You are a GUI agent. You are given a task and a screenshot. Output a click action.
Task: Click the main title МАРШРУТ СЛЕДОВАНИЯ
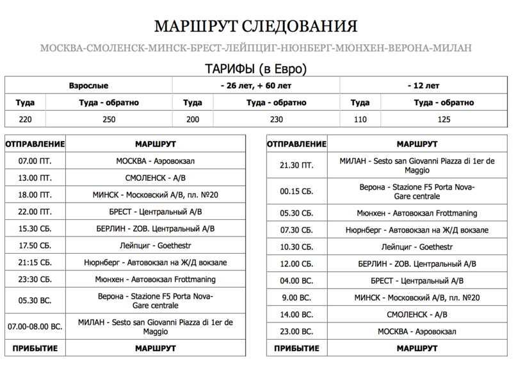[x=255, y=27]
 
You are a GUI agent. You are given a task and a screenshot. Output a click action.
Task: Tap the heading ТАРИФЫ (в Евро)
[x=255, y=68]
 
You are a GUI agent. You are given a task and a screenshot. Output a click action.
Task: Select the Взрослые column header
[x=88, y=85]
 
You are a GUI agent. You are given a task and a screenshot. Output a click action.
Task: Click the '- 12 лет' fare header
[x=423, y=85]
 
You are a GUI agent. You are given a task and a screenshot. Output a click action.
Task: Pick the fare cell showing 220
[x=25, y=119]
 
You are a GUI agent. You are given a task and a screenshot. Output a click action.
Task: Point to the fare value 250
[x=109, y=119]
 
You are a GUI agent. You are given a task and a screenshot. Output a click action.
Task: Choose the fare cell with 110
[x=360, y=119]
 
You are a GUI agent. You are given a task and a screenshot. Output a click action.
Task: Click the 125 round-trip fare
[x=444, y=119]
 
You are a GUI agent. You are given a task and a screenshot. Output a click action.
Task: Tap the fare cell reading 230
[x=276, y=119]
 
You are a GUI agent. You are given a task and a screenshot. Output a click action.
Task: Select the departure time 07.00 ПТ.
[x=35, y=161]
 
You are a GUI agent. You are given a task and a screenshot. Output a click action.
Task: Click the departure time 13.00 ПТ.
[x=35, y=178]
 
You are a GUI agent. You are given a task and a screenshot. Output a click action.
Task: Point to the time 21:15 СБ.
[x=35, y=263]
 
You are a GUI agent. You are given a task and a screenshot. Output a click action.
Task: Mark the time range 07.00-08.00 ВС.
[x=35, y=326]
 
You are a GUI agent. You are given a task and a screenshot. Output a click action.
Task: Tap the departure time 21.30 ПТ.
[x=296, y=165]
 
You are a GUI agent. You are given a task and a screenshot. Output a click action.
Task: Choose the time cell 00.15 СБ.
[x=296, y=192]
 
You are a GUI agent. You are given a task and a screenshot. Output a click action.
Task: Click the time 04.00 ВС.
[x=296, y=281]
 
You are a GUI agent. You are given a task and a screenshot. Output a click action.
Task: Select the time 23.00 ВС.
[x=296, y=331]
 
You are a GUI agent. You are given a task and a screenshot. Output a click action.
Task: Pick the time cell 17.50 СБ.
[x=35, y=245]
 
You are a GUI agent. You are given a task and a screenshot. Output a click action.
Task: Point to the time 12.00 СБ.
[x=296, y=263]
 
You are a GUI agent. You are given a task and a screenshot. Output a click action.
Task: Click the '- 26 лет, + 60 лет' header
[x=255, y=85]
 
